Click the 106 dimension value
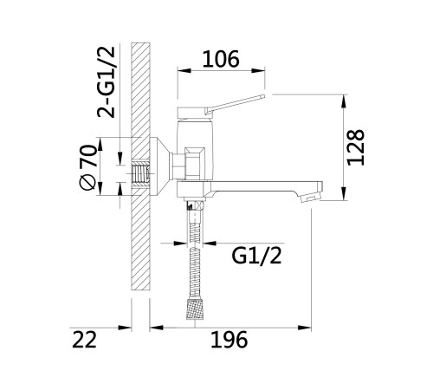(x=221, y=59)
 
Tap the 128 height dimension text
(x=356, y=147)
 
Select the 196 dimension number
(x=229, y=340)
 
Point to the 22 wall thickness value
(x=84, y=340)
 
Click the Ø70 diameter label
(x=87, y=167)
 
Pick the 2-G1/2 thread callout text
(x=107, y=81)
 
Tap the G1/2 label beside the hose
(x=256, y=256)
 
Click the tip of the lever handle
(x=262, y=96)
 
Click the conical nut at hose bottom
(x=195, y=309)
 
